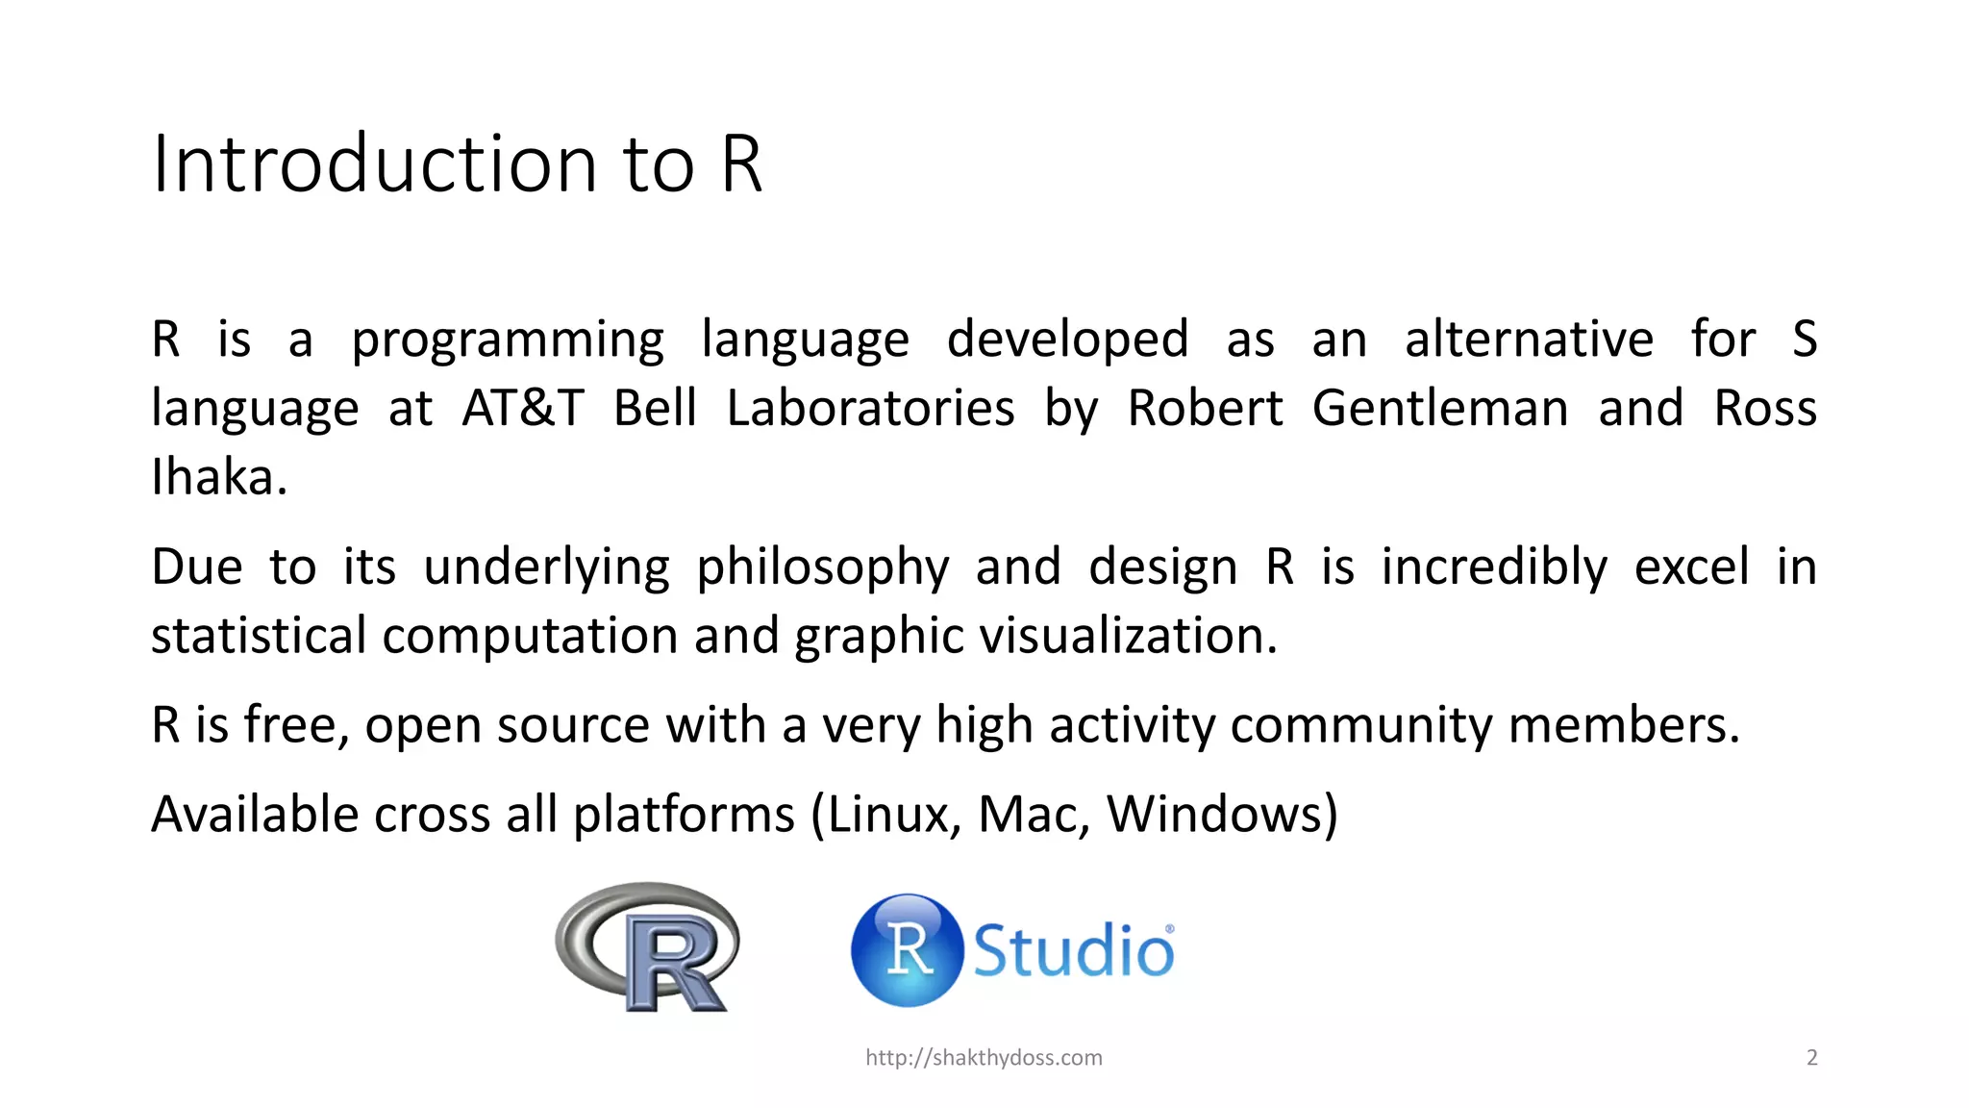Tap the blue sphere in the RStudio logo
coord(907,950)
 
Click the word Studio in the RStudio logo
coord(1073,951)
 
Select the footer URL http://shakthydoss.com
coord(984,1058)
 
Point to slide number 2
coord(1811,1058)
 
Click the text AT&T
coord(523,408)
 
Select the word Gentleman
coord(1439,408)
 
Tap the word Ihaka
coord(217,477)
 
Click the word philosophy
coord(823,567)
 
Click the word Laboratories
coord(870,408)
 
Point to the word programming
coord(508,340)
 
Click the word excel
coord(1691,567)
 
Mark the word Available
coord(255,815)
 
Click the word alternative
coord(1529,339)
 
